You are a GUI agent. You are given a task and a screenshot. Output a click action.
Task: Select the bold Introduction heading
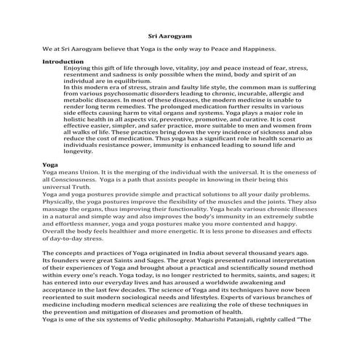coord(64,61)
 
